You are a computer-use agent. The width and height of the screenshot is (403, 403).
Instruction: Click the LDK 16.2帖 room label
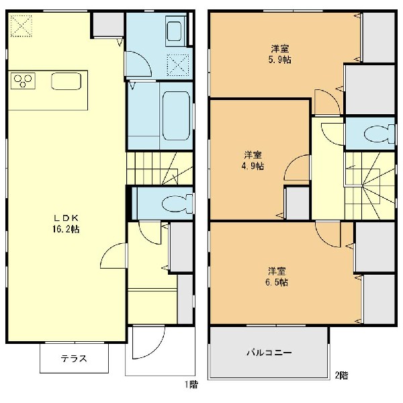pos(66,224)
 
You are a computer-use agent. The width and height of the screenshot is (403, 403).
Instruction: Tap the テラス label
pos(74,358)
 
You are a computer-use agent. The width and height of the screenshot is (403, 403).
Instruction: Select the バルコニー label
pos(269,352)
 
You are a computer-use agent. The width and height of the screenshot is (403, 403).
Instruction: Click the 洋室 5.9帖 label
pos(280,54)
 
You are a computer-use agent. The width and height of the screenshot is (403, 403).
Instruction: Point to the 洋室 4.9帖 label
pos(253,161)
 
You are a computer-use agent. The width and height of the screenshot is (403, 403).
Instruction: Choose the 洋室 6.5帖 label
pos(277,277)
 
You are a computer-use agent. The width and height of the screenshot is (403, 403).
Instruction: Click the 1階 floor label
pos(191,384)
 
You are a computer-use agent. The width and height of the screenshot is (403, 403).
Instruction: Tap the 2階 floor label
pos(341,375)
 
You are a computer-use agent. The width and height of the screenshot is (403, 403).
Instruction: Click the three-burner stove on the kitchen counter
pos(23,81)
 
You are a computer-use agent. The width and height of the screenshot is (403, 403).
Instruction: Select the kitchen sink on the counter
pos(66,81)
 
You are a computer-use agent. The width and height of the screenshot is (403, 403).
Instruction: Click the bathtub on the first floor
pos(176,116)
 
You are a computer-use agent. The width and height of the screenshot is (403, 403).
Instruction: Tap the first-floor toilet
pos(177,204)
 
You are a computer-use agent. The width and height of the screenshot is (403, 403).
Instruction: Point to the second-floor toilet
pos(379,134)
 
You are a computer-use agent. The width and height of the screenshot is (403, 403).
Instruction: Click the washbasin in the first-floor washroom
pos(175,31)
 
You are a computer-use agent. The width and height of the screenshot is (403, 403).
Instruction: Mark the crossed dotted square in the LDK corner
pos(21,26)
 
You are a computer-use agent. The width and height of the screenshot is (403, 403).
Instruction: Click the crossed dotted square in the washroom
pos(178,65)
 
